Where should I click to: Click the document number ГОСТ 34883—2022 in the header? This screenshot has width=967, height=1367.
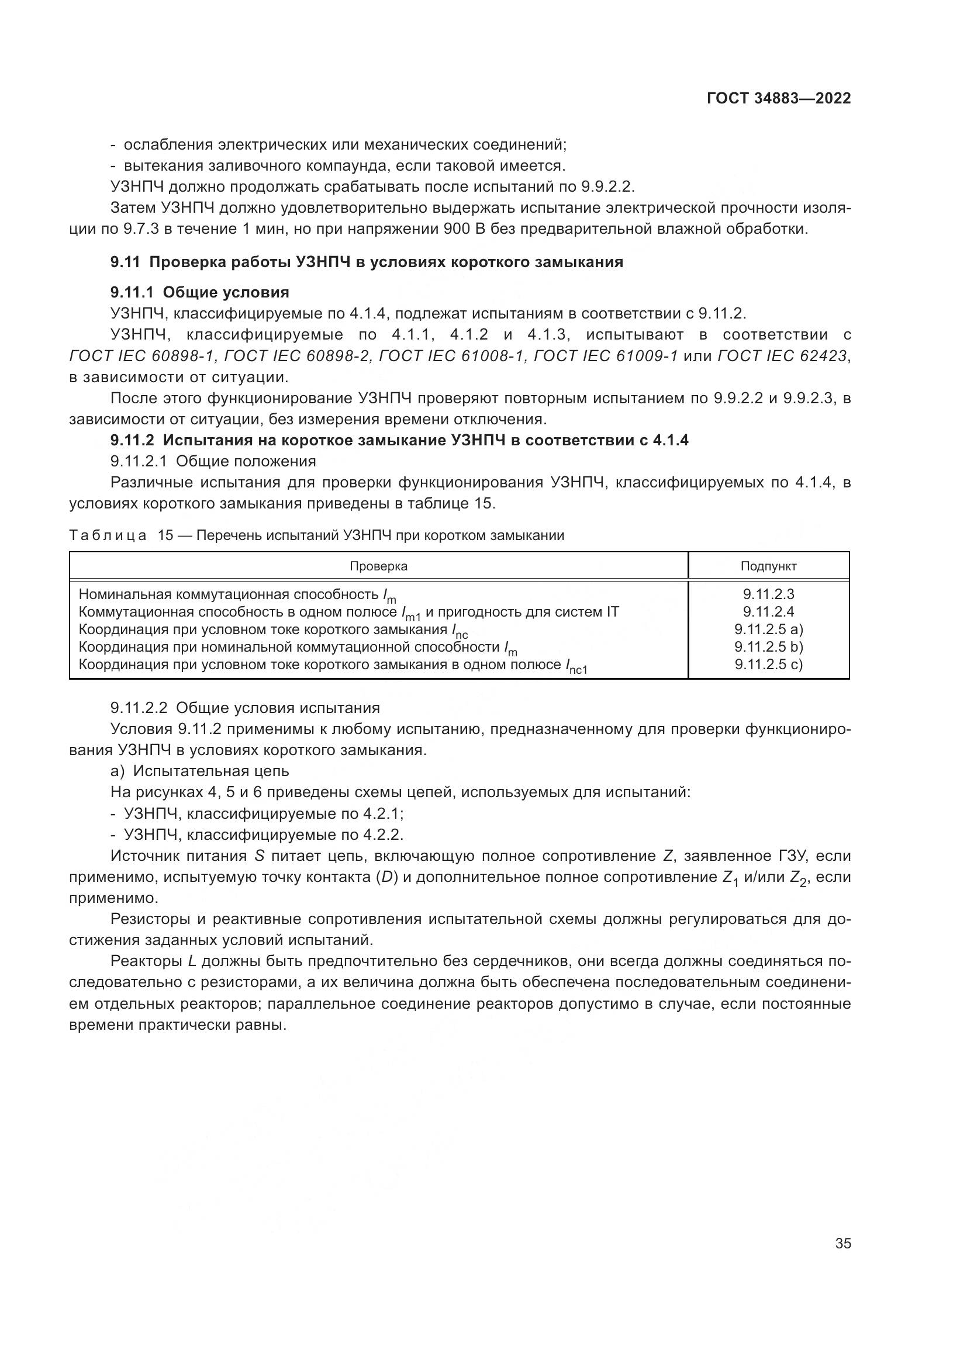pos(779,99)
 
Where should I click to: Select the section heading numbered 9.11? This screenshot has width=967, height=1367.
pos(366,262)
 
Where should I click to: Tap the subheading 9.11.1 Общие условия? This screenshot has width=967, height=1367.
pos(199,292)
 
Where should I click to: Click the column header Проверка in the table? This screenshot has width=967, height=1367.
pos(378,566)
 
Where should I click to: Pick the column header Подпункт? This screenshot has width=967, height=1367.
pos(768,566)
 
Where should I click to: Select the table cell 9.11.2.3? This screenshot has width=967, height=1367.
pos(768,594)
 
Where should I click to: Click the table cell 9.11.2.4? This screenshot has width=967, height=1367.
pos(768,611)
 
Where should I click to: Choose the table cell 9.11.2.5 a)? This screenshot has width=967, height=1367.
pos(768,629)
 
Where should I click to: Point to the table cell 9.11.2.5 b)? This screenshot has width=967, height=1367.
pos(768,646)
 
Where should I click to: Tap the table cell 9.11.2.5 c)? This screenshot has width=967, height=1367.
pos(768,665)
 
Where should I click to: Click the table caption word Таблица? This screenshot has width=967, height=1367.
pos(108,535)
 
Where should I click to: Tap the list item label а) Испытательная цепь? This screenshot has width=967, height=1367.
pos(199,771)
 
